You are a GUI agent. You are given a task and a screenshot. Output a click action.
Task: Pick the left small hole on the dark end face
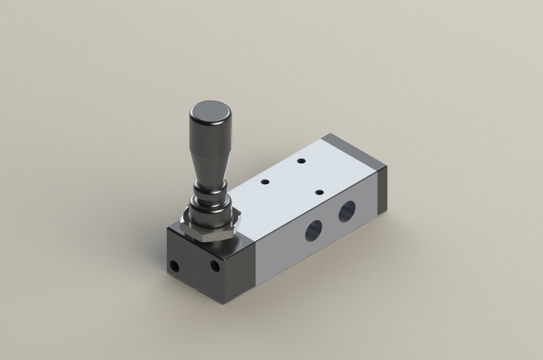(x=174, y=265)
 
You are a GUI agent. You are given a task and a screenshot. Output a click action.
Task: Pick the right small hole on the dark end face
(x=214, y=265)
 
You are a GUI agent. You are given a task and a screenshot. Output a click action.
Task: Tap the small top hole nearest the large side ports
(x=319, y=193)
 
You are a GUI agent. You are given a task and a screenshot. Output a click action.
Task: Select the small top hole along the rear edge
(x=301, y=161)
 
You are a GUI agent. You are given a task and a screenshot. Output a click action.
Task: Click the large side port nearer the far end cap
(x=347, y=212)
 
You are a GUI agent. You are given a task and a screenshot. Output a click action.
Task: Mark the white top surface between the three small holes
(x=294, y=181)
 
